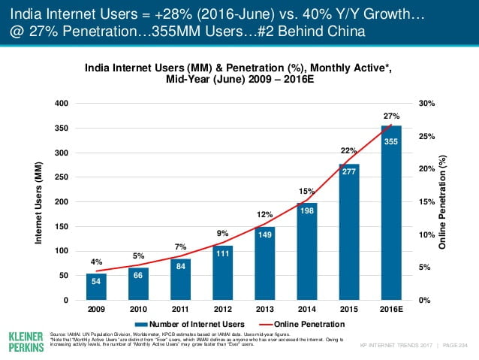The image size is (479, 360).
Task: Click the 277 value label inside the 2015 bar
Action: [x=349, y=172]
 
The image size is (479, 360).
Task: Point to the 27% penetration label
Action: [x=391, y=116]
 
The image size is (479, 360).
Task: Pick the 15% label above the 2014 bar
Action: [x=306, y=191]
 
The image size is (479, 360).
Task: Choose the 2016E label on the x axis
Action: [x=391, y=309]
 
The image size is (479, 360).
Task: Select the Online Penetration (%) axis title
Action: [x=444, y=202]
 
